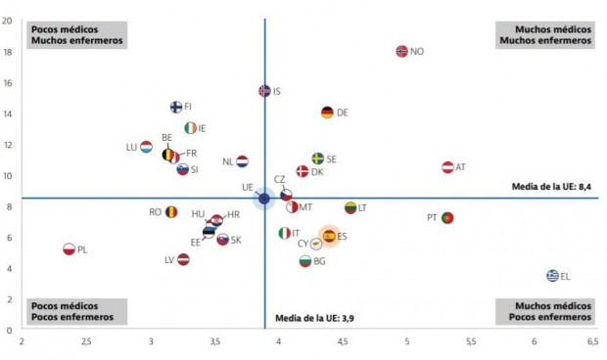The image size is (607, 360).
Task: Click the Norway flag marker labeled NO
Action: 401,51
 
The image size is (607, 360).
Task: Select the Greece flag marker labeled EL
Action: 552,276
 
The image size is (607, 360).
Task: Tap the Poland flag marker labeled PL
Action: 70,249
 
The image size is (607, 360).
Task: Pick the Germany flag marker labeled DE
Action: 327,112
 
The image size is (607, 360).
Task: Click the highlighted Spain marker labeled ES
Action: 329,236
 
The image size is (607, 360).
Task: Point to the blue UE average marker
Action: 263,199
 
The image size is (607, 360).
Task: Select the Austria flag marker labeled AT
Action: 447,167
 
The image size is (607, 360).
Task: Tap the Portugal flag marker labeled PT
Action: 447,217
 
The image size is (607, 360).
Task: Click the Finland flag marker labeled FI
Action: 176,107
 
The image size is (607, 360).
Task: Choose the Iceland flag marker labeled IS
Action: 264,91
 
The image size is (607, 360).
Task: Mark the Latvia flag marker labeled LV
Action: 183,259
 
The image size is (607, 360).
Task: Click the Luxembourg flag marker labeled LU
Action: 146,147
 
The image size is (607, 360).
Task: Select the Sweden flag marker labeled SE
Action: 317,158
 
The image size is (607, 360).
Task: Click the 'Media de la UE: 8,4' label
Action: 552,186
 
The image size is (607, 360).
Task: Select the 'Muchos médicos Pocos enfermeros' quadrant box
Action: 545,311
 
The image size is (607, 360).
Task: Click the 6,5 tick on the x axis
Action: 592,341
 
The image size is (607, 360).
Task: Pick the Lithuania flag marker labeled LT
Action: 350,207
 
